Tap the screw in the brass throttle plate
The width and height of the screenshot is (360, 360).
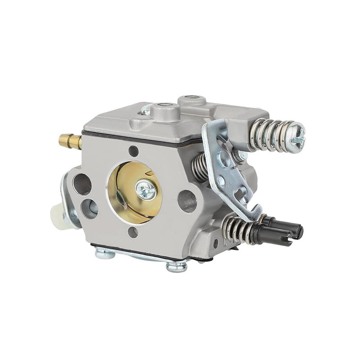[146, 190]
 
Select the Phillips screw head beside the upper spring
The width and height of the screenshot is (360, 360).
[297, 135]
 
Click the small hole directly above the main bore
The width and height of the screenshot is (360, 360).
[133, 152]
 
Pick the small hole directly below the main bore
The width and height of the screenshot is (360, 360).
[132, 232]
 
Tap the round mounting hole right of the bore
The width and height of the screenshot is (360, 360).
[187, 201]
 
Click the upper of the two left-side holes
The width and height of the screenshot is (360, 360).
[82, 184]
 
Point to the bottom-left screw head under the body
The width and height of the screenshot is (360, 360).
[105, 254]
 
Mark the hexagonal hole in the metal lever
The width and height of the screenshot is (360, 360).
[224, 159]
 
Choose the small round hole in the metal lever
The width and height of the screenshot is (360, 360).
[220, 181]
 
